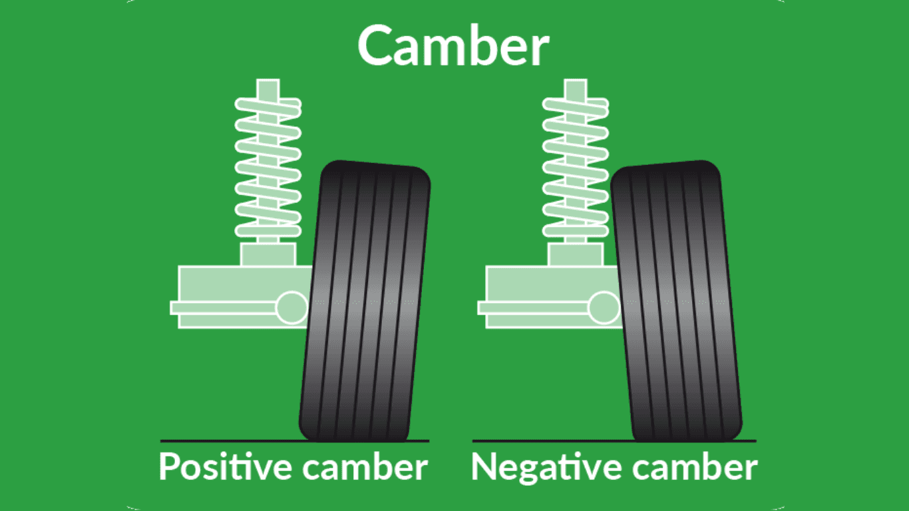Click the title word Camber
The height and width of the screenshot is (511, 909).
[453, 45]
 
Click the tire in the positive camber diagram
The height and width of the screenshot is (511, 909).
[365, 301]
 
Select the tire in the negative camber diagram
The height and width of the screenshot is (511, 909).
[677, 301]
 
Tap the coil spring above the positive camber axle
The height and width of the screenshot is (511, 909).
[268, 167]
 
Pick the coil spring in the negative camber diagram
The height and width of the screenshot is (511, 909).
[576, 167]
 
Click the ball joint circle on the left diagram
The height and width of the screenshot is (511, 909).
[291, 307]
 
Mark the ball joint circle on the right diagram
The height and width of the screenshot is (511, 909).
[604, 307]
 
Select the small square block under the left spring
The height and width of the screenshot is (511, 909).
[268, 254]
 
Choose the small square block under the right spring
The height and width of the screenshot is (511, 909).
[576, 254]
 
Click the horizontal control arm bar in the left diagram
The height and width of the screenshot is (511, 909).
[223, 308]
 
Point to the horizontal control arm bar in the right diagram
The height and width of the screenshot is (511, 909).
[533, 308]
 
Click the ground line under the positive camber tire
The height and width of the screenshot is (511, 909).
[295, 440]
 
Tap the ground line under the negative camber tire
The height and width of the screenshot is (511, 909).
[614, 440]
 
